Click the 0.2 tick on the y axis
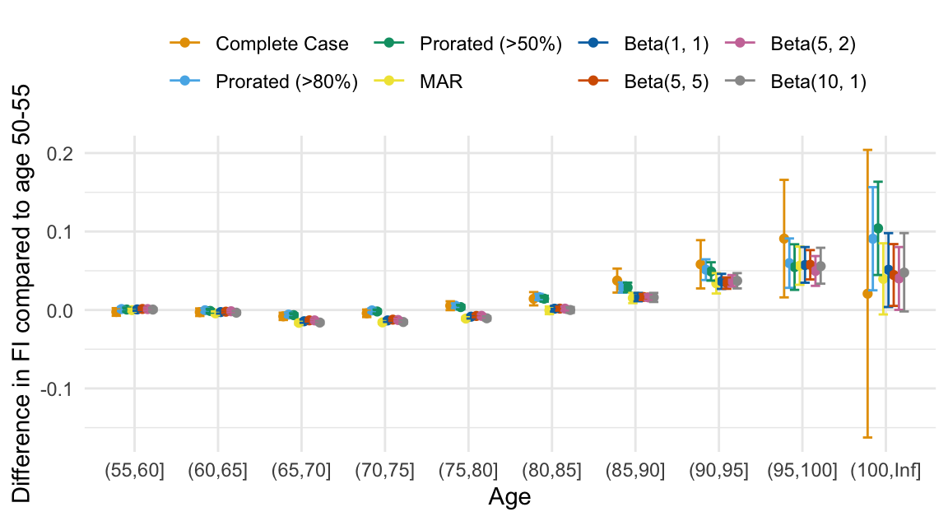pyautogui.click(x=63, y=154)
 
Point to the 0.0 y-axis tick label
pyautogui.click(x=63, y=310)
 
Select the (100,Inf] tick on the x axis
pyautogui.click(x=886, y=471)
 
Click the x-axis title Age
pyautogui.click(x=509, y=497)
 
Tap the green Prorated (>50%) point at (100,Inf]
pyautogui.click(x=878, y=229)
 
